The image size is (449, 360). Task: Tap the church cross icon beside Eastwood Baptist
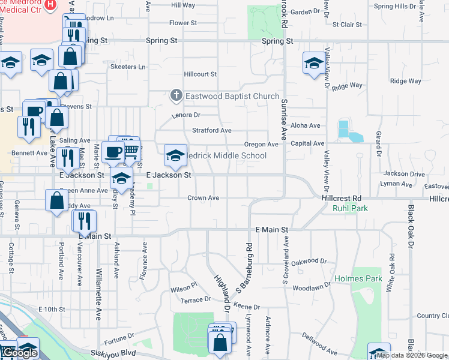[176, 95]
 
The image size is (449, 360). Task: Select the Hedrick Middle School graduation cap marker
[175, 155]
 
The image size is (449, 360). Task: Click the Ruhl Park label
[350, 208]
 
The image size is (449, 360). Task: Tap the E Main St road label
[272, 230]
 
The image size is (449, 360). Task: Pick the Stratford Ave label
[211, 130]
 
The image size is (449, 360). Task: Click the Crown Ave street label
[203, 197]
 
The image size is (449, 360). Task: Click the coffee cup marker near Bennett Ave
[113, 152]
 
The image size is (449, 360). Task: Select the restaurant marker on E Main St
[84, 221]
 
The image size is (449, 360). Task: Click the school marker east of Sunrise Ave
[314, 63]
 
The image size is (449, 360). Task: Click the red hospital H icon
[50, 4]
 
